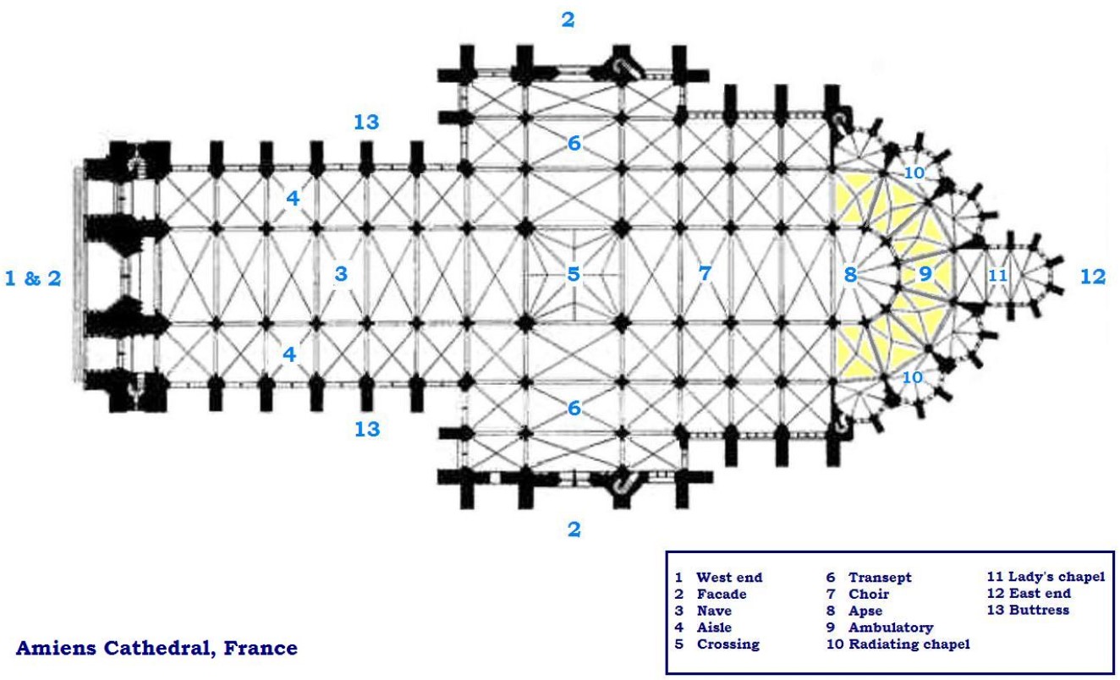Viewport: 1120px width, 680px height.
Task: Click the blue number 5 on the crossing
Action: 574,274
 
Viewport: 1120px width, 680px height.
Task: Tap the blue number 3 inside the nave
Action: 341,273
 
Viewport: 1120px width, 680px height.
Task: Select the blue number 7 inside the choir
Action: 704,273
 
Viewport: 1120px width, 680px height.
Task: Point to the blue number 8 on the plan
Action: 849,274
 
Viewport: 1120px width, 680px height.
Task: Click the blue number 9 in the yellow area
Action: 925,273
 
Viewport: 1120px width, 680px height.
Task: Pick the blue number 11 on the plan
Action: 997,275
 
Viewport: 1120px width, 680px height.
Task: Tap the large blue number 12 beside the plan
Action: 1093,277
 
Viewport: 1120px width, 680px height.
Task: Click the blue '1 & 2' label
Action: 34,277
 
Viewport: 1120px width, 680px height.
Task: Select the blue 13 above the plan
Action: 366,122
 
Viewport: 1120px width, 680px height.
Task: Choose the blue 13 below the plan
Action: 366,429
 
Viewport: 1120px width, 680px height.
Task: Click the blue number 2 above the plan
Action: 568,19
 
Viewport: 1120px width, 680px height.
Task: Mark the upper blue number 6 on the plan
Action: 574,144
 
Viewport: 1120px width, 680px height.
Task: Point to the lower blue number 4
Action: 290,354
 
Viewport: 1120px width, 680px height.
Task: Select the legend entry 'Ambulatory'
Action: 891,628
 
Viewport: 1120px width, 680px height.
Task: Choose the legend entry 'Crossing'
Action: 727,644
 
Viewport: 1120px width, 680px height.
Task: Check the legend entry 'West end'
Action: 729,578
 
